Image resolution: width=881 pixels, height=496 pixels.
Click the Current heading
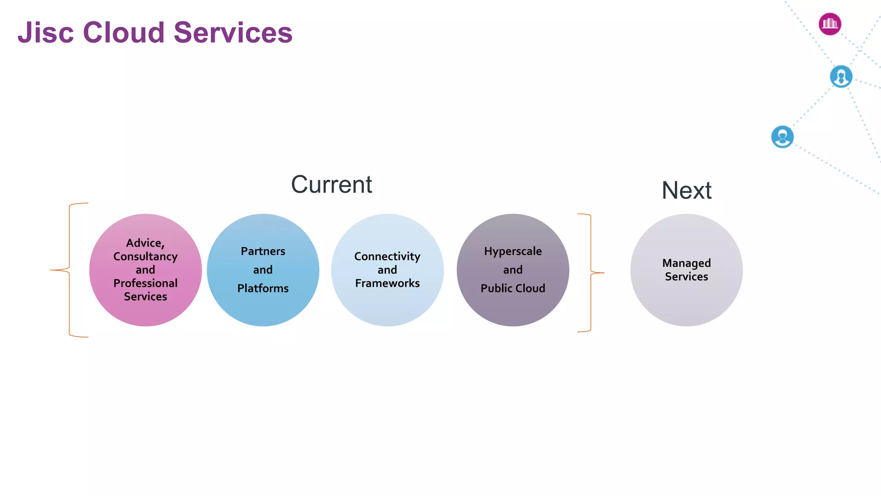coord(331,185)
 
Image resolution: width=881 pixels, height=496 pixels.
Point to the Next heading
coord(686,190)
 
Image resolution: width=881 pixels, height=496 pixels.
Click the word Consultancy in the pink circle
coord(145,257)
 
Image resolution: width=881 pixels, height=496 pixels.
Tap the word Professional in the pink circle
coord(145,283)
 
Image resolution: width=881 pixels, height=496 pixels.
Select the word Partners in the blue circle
coord(263,251)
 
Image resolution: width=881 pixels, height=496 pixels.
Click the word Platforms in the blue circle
coord(263,288)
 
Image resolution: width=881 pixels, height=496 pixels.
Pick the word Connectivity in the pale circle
coord(387,257)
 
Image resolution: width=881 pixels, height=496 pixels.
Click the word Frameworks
coord(387,283)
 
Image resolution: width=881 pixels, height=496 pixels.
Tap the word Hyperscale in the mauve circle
coord(513,251)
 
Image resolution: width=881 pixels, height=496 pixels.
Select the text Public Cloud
coord(513,288)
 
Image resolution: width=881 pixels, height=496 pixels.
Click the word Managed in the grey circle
coord(686,263)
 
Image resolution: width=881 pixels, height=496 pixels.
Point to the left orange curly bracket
coord(69,270)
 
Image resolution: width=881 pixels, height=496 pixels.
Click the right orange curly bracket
coord(591,273)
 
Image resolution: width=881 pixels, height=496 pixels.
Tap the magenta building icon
coord(830,24)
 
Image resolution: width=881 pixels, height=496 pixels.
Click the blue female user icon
coord(841,77)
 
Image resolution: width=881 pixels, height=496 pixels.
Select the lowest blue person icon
coord(782,137)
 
